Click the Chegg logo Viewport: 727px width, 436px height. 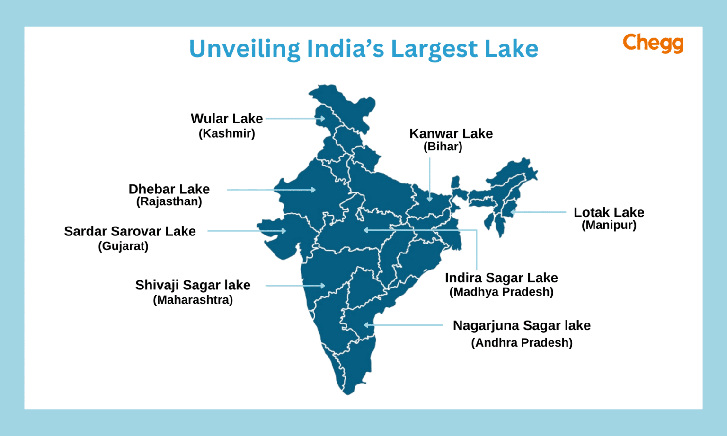point(653,43)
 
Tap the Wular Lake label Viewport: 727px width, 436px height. point(226,119)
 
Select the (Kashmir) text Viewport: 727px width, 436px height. point(227,133)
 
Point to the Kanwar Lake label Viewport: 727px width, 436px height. point(451,134)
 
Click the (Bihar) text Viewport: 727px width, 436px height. point(443,147)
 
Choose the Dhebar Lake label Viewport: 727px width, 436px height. point(169,189)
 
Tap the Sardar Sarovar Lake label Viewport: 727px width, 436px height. point(130,231)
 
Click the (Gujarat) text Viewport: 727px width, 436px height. point(123,246)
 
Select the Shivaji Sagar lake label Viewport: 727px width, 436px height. point(193,285)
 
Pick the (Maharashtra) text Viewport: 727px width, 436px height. point(193,300)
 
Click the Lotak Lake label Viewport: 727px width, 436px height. point(609,212)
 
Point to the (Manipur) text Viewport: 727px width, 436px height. point(609,225)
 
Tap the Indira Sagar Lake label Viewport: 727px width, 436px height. point(501,278)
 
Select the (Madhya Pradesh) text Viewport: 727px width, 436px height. point(501,292)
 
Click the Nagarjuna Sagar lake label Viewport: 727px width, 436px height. point(522,325)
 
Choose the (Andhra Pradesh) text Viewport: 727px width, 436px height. point(522,342)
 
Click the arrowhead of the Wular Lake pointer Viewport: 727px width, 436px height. point(323,119)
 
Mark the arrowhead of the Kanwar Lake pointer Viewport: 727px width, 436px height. point(429,199)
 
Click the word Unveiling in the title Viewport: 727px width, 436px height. point(245,49)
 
